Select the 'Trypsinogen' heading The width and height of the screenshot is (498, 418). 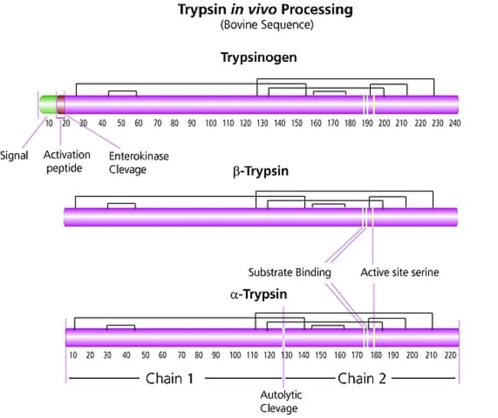point(248,57)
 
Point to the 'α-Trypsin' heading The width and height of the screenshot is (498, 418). point(249,295)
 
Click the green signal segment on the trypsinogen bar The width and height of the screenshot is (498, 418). point(48,102)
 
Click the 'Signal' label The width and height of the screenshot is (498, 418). point(15,155)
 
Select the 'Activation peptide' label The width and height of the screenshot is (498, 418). point(67,162)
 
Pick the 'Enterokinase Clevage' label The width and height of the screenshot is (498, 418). point(139,162)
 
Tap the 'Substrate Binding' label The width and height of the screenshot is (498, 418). point(290,272)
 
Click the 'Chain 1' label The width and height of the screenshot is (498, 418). point(164,378)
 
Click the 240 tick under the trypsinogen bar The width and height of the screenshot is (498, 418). point(454,122)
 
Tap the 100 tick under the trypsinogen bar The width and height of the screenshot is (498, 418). point(210,122)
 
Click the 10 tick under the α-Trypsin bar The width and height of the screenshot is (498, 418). point(73,355)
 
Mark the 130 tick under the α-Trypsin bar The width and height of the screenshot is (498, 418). point(286,355)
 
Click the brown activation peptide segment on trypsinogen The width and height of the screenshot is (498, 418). point(61,102)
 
